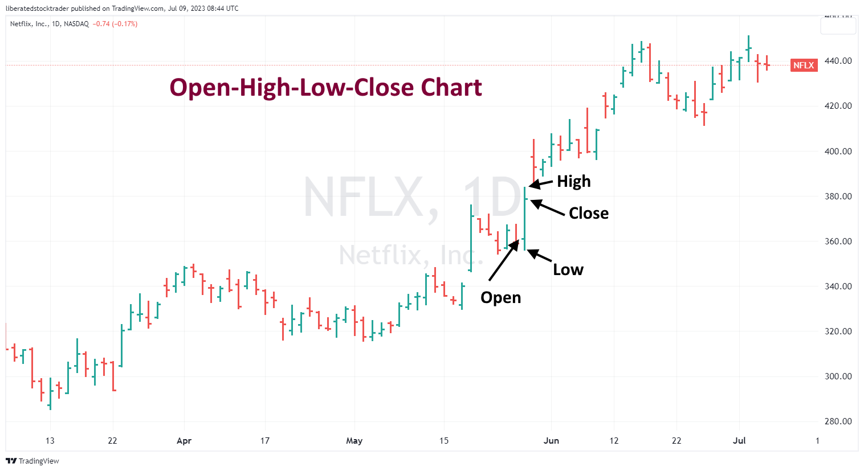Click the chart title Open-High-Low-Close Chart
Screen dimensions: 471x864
coord(325,88)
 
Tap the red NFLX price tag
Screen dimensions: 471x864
coord(804,65)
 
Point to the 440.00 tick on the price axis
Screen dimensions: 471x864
coord(838,61)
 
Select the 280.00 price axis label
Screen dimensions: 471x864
coord(838,421)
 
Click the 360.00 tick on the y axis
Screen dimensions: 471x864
coord(838,241)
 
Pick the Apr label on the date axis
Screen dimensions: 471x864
coord(184,441)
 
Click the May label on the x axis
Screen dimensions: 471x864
coord(354,441)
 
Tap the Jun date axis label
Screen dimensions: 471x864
coord(551,441)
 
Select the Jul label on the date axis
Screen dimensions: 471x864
coord(739,441)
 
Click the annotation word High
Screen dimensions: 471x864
coord(573,182)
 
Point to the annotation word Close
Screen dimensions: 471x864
coord(588,214)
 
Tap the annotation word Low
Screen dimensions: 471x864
coord(568,270)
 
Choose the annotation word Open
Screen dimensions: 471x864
coord(500,298)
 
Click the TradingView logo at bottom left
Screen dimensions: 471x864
coord(32,461)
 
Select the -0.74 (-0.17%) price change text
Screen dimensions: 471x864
coord(115,24)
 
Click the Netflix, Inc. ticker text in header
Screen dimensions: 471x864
coord(29,24)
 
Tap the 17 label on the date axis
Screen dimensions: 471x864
coord(264,441)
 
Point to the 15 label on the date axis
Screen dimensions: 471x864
coord(444,441)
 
